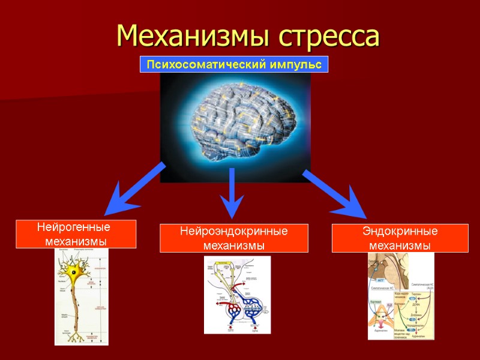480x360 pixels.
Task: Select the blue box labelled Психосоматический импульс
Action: [234, 64]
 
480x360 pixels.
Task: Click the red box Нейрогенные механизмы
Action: [76, 234]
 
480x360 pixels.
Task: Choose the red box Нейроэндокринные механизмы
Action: [234, 238]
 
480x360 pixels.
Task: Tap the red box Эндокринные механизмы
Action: [400, 238]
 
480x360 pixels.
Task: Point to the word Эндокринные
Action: [400, 232]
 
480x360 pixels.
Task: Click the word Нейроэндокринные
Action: [234, 232]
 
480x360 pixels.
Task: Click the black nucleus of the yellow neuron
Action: [75, 272]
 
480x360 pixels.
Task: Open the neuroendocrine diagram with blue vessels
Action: [237, 294]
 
